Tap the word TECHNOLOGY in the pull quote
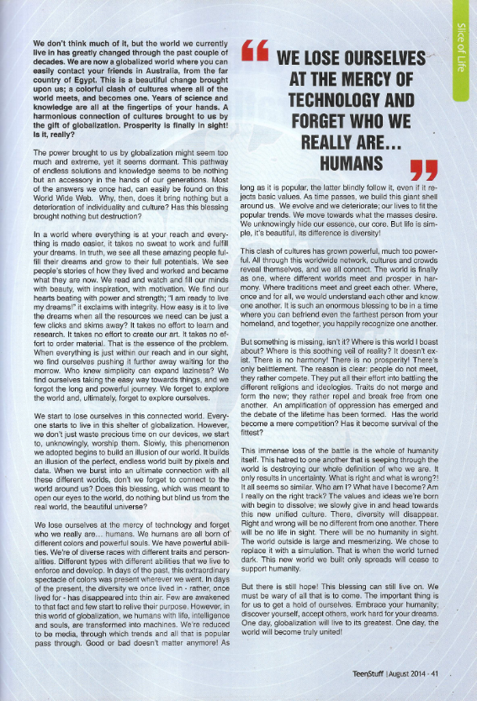(x=337, y=99)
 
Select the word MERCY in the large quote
(x=368, y=80)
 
